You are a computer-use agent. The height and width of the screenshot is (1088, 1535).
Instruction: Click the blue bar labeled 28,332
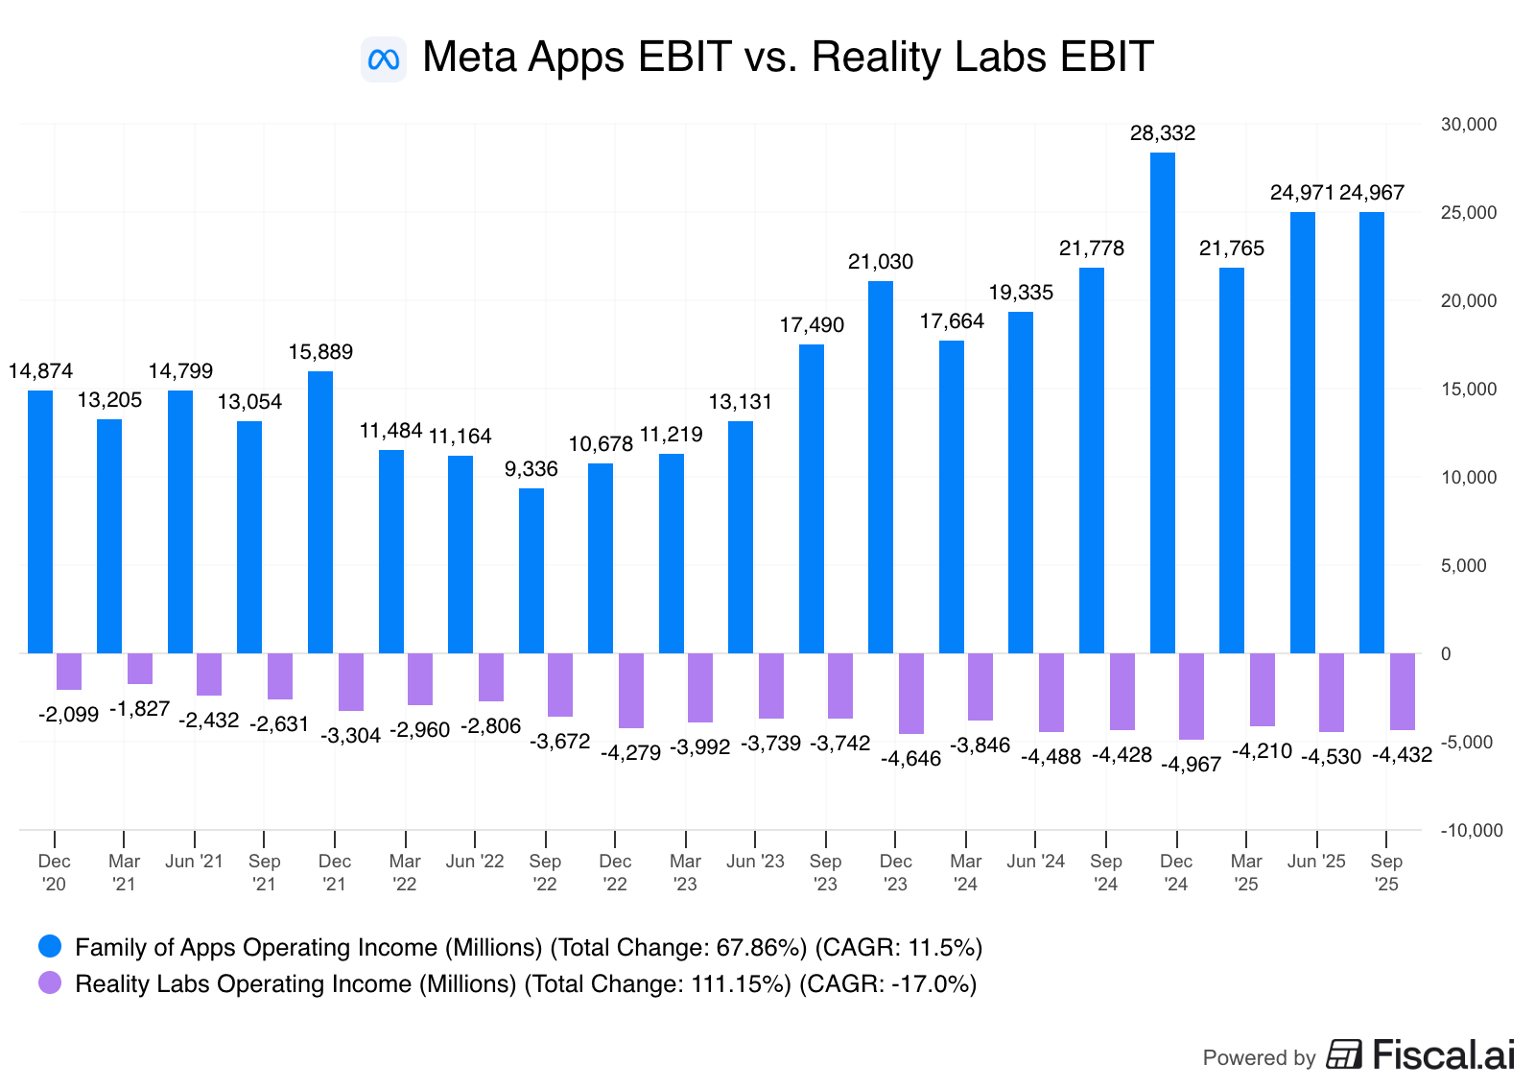tap(1162, 403)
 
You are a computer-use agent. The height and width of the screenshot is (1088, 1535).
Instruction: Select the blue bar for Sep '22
tap(531, 571)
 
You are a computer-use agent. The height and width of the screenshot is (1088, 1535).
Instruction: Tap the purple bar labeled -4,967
tap(1191, 697)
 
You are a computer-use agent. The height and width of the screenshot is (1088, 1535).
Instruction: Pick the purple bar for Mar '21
tap(140, 669)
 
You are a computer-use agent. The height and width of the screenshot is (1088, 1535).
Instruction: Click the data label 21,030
tap(880, 262)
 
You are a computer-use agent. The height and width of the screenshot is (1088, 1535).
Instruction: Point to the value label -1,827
tap(139, 709)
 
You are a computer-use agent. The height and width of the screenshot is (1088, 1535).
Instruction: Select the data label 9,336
tap(531, 469)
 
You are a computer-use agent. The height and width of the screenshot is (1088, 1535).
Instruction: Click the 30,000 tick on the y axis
tap(1468, 125)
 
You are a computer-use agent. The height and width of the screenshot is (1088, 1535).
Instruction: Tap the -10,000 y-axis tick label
tap(1471, 831)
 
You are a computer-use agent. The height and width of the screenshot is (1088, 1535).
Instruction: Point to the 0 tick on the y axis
tap(1446, 654)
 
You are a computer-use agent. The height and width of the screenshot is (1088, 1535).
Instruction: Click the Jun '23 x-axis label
tap(755, 862)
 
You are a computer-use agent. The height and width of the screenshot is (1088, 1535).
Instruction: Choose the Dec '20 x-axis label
tap(55, 872)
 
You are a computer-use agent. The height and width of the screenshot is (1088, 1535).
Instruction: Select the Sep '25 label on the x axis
tap(1385, 872)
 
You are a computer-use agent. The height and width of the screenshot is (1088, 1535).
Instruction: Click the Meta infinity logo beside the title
tap(384, 59)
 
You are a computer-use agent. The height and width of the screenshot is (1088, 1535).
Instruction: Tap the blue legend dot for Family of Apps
tap(50, 947)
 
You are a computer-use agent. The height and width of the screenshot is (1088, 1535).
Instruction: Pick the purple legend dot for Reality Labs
tap(50, 983)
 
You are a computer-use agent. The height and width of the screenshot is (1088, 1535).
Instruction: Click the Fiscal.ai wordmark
tap(1443, 1054)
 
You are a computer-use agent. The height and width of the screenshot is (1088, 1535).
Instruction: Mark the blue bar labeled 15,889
tap(319, 512)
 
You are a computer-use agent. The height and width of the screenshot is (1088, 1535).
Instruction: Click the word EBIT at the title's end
tap(1106, 58)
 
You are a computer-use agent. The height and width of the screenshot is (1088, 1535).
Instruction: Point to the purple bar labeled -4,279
tap(630, 691)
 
